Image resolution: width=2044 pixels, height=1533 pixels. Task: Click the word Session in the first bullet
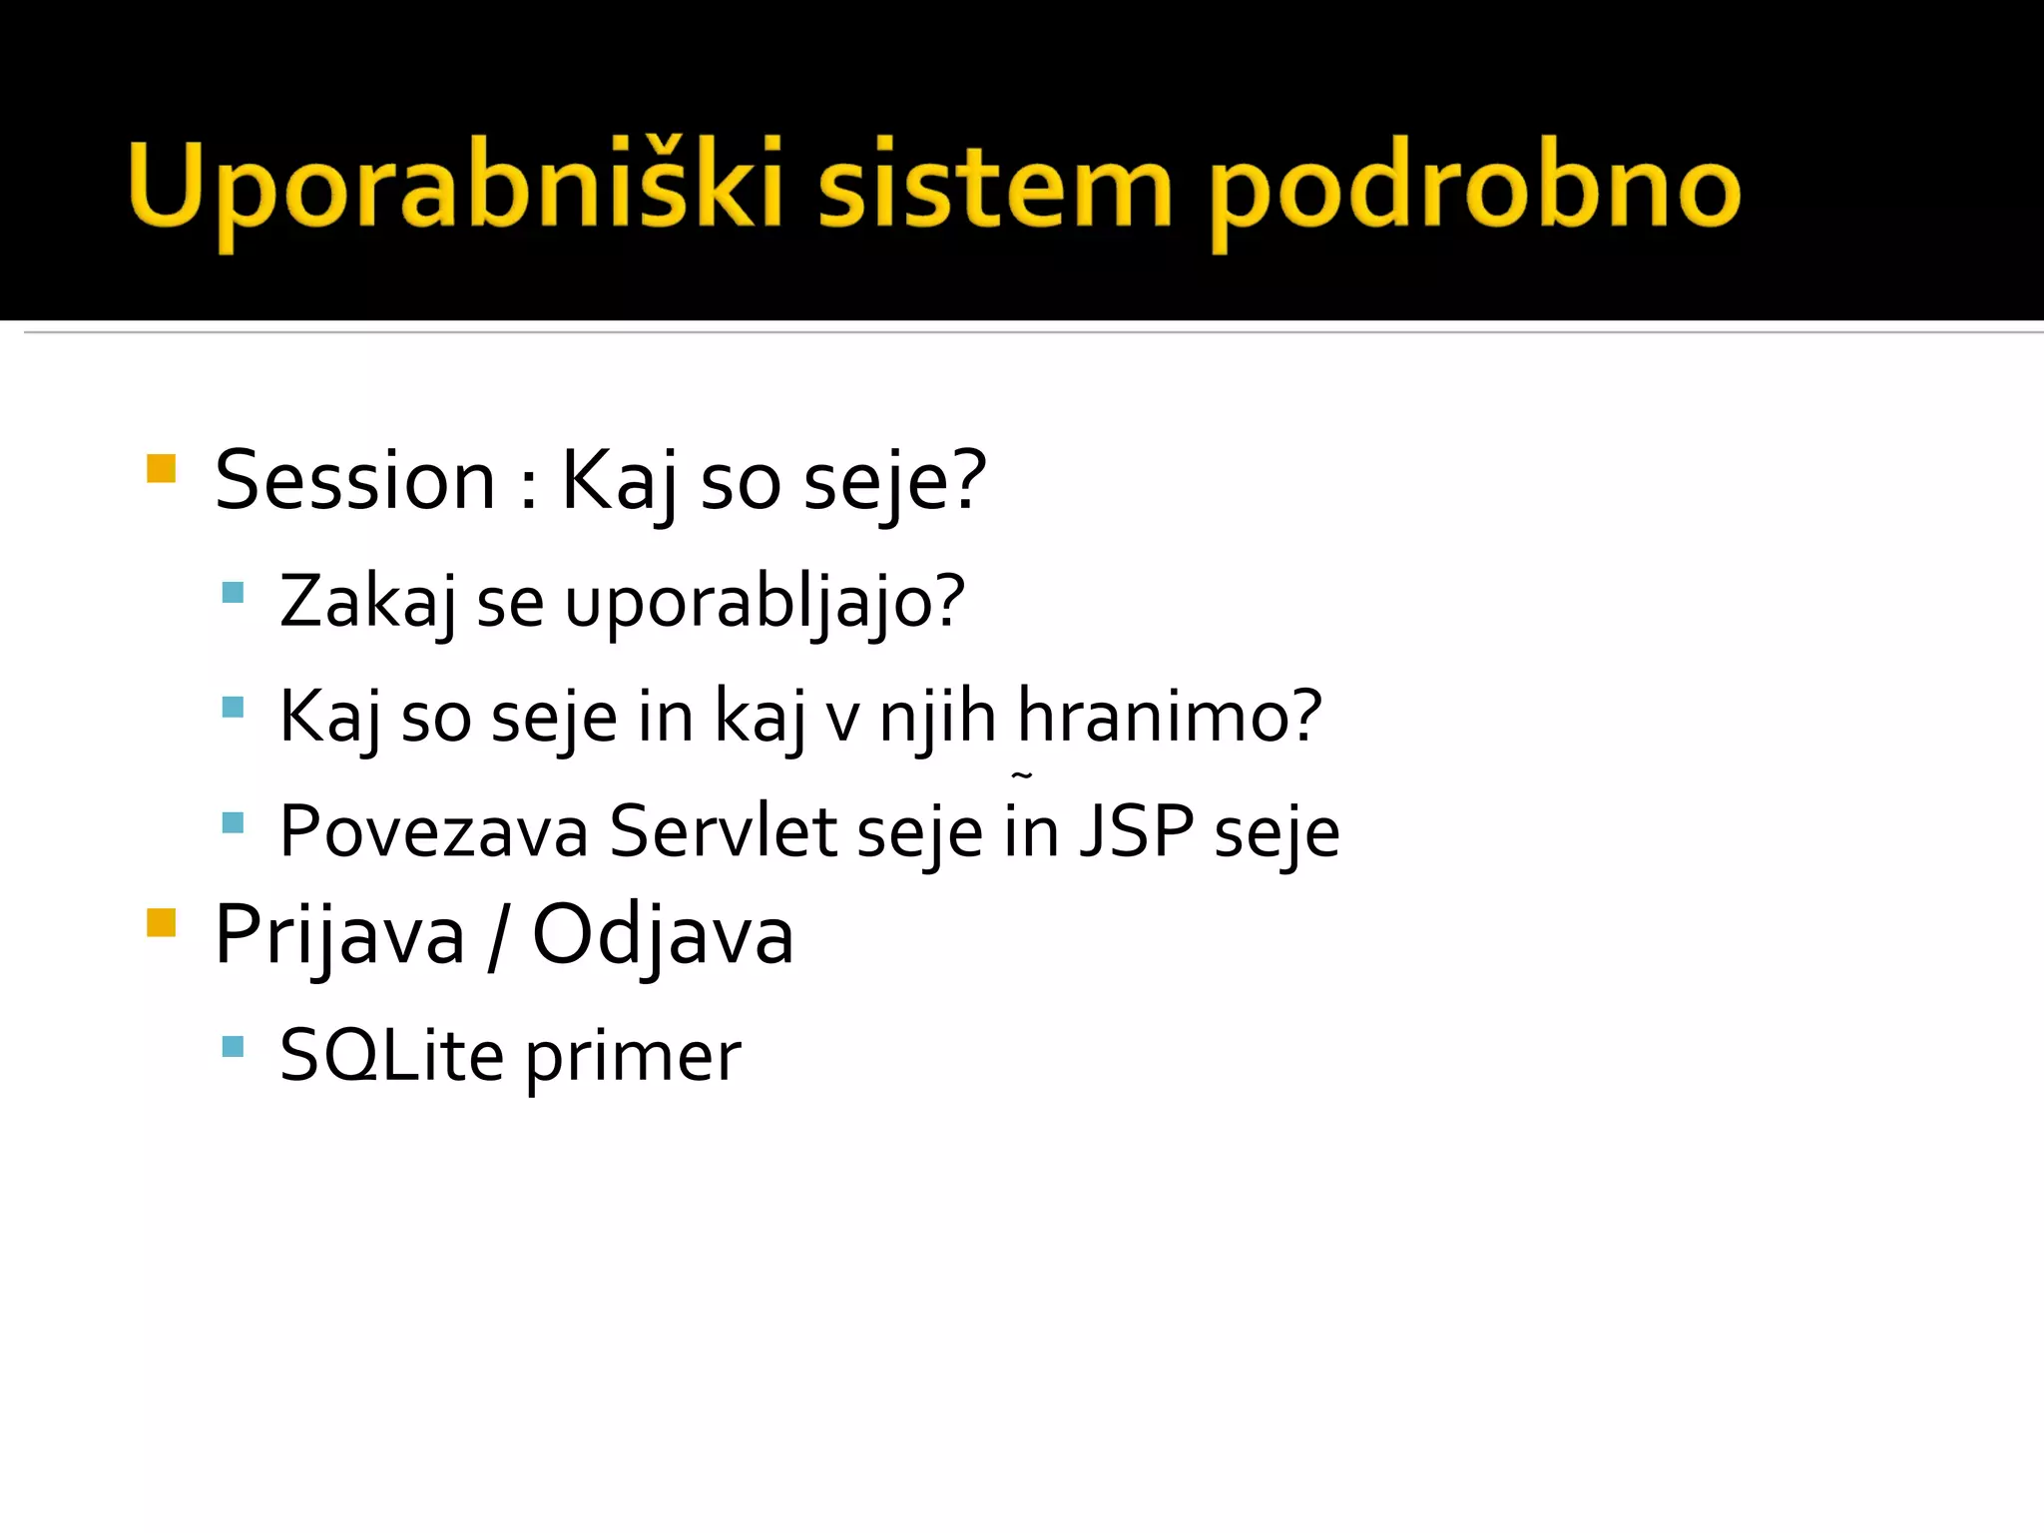point(355,481)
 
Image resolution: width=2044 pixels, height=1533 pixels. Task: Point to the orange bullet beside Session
point(161,468)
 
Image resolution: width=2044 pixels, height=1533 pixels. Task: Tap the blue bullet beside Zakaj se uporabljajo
point(234,593)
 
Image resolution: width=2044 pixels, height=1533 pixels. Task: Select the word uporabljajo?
point(765,603)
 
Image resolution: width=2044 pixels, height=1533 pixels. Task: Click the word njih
point(937,717)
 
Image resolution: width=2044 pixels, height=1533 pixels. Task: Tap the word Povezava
point(433,830)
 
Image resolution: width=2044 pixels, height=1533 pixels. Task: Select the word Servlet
point(723,830)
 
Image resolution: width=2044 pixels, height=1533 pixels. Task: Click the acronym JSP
point(1136,830)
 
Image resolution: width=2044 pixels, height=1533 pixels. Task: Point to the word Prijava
point(339,936)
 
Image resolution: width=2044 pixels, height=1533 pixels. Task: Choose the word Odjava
point(663,936)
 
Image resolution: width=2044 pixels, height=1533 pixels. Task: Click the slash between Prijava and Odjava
point(497,936)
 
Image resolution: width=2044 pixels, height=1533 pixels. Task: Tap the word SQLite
point(391,1056)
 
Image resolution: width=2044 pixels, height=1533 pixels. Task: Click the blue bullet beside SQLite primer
point(234,1046)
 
